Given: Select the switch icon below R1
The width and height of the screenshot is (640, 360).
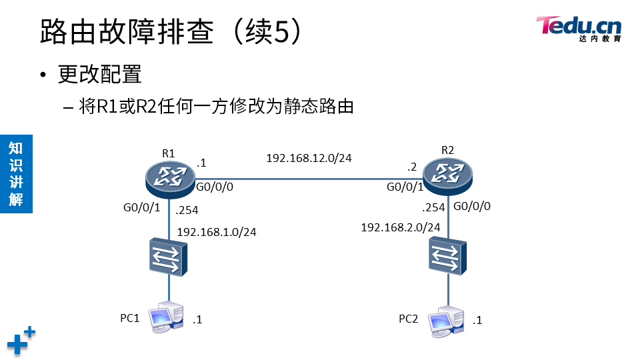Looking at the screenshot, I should click(x=169, y=258).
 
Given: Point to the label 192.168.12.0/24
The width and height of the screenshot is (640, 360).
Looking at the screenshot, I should click(x=309, y=158).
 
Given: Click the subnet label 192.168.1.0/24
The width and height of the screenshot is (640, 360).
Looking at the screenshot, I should click(x=217, y=232).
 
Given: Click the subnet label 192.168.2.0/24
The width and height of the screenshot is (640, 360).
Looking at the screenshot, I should click(x=400, y=227).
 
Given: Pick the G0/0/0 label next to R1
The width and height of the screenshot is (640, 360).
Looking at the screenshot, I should click(x=215, y=189).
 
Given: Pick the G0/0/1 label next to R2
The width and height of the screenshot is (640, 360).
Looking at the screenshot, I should click(x=405, y=188).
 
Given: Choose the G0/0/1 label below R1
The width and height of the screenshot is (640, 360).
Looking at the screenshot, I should click(x=142, y=208).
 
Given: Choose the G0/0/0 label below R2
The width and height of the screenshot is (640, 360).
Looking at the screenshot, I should click(x=472, y=206).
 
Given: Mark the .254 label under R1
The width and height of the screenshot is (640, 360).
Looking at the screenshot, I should click(x=187, y=211).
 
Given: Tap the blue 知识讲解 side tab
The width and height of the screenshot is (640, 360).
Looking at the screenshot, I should click(x=16, y=173).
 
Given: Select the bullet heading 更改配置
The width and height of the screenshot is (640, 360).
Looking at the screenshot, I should click(x=100, y=75).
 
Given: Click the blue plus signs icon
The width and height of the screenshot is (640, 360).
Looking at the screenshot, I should click(x=21, y=340).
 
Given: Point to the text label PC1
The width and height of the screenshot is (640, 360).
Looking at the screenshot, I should click(x=129, y=318).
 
